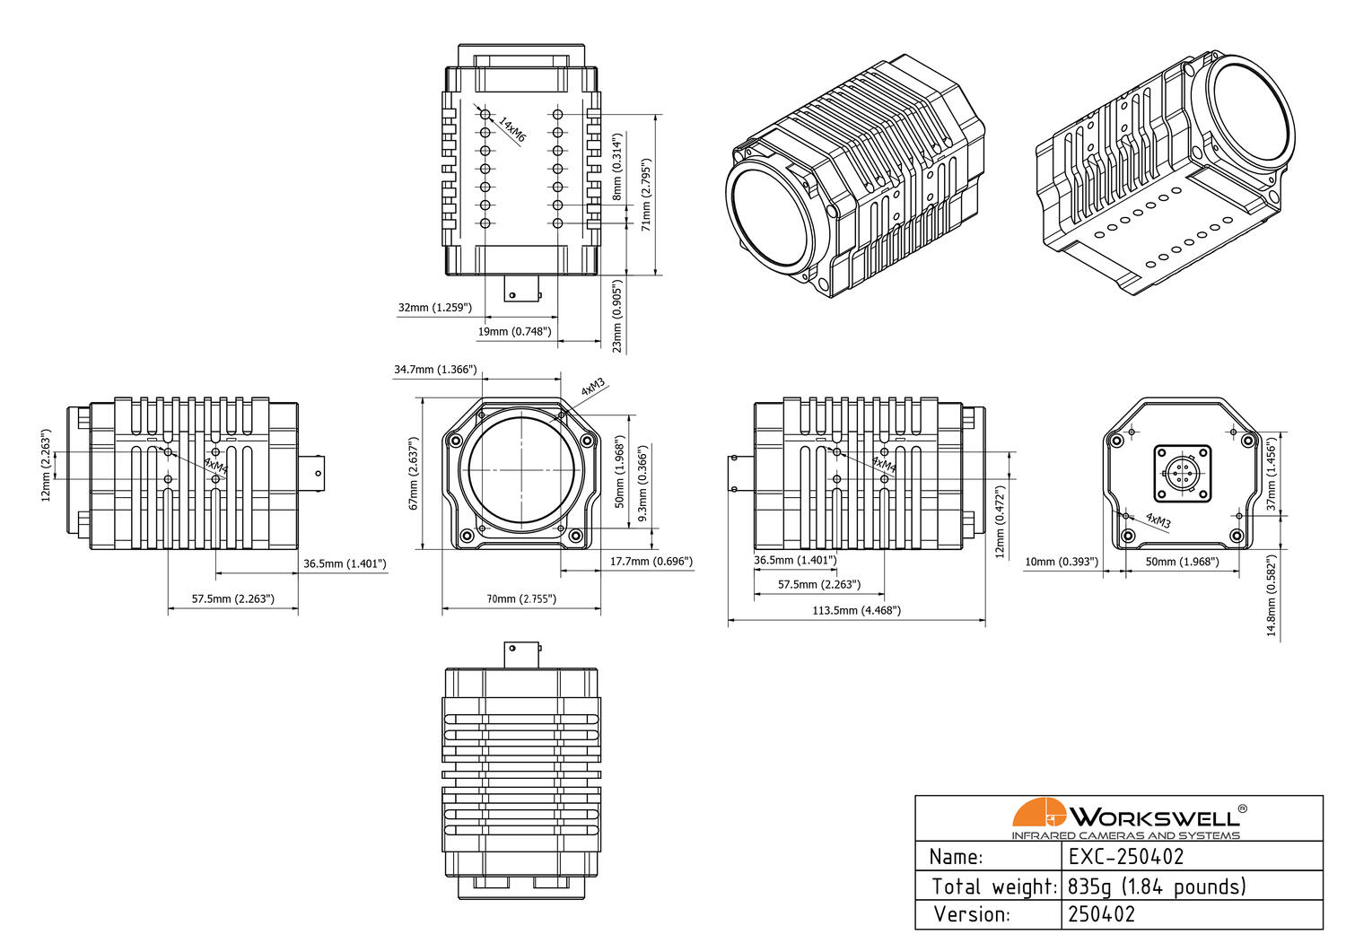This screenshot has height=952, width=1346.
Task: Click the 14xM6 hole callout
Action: coord(511,130)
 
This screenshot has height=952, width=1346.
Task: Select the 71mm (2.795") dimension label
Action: coord(646,196)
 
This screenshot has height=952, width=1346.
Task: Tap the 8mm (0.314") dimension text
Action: coord(617,167)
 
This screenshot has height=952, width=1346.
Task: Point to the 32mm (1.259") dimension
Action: coord(434,308)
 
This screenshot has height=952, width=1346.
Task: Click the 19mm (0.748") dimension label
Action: coord(513,332)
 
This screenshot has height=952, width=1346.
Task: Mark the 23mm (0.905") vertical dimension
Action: coord(617,316)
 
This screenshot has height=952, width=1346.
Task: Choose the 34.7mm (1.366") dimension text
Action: coord(435,370)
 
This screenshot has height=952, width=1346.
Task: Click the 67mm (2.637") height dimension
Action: coord(414,474)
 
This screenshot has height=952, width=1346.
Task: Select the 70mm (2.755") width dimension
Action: coord(520,598)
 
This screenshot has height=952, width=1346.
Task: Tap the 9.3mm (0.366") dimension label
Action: coord(642,484)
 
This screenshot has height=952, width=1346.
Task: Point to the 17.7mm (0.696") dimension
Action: coord(651,562)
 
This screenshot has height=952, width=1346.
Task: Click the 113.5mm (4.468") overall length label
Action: coord(856,610)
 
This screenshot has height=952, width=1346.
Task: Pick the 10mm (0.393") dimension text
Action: coord(1061,562)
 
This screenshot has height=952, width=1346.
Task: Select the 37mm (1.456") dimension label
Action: coord(1271,475)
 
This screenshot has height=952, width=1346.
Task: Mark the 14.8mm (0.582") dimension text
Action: coord(1271,595)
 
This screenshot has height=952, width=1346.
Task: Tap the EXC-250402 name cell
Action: coord(1126,857)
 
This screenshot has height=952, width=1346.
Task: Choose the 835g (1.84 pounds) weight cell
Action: coord(1157,886)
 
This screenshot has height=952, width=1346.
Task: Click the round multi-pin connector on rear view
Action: coord(1182,473)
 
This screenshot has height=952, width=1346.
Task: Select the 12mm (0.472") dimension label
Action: coord(1001,521)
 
